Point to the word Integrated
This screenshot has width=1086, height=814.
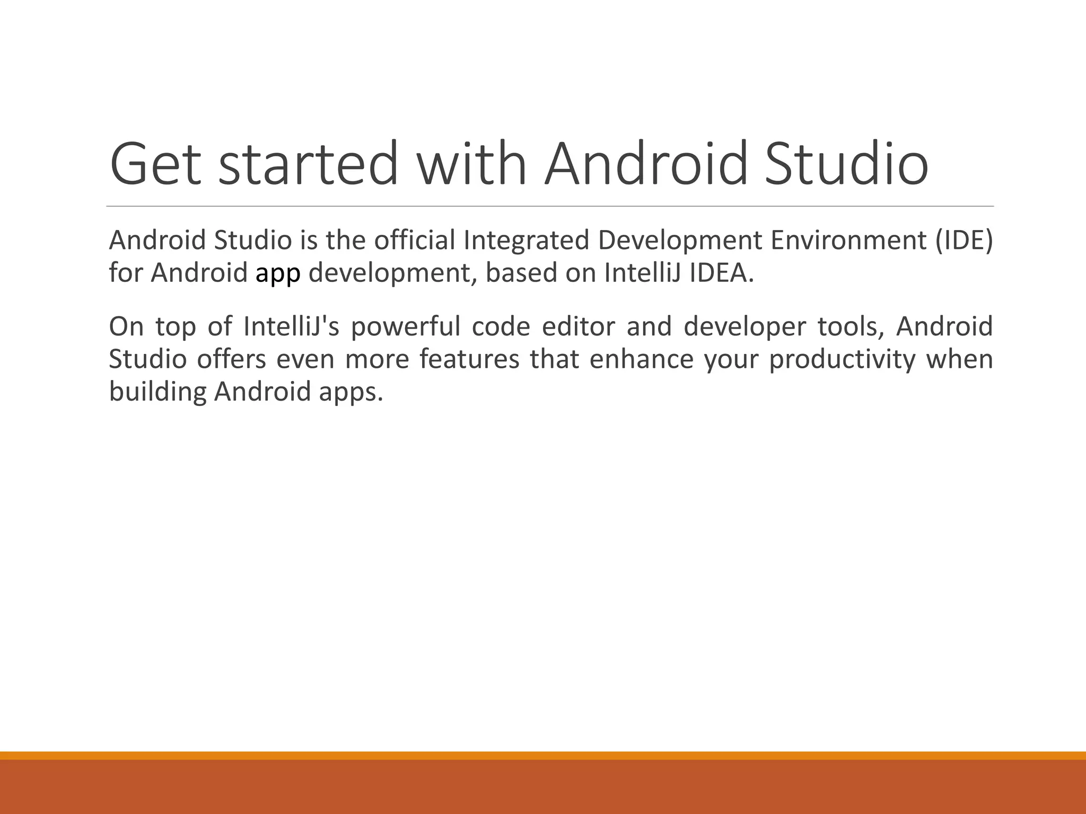pyautogui.click(x=526, y=241)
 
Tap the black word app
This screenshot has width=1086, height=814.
pyautogui.click(x=278, y=274)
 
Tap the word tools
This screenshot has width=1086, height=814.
pyautogui.click(x=851, y=326)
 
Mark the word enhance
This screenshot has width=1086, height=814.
pyautogui.click(x=642, y=359)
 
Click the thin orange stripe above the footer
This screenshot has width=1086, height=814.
pyautogui.click(x=543, y=755)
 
